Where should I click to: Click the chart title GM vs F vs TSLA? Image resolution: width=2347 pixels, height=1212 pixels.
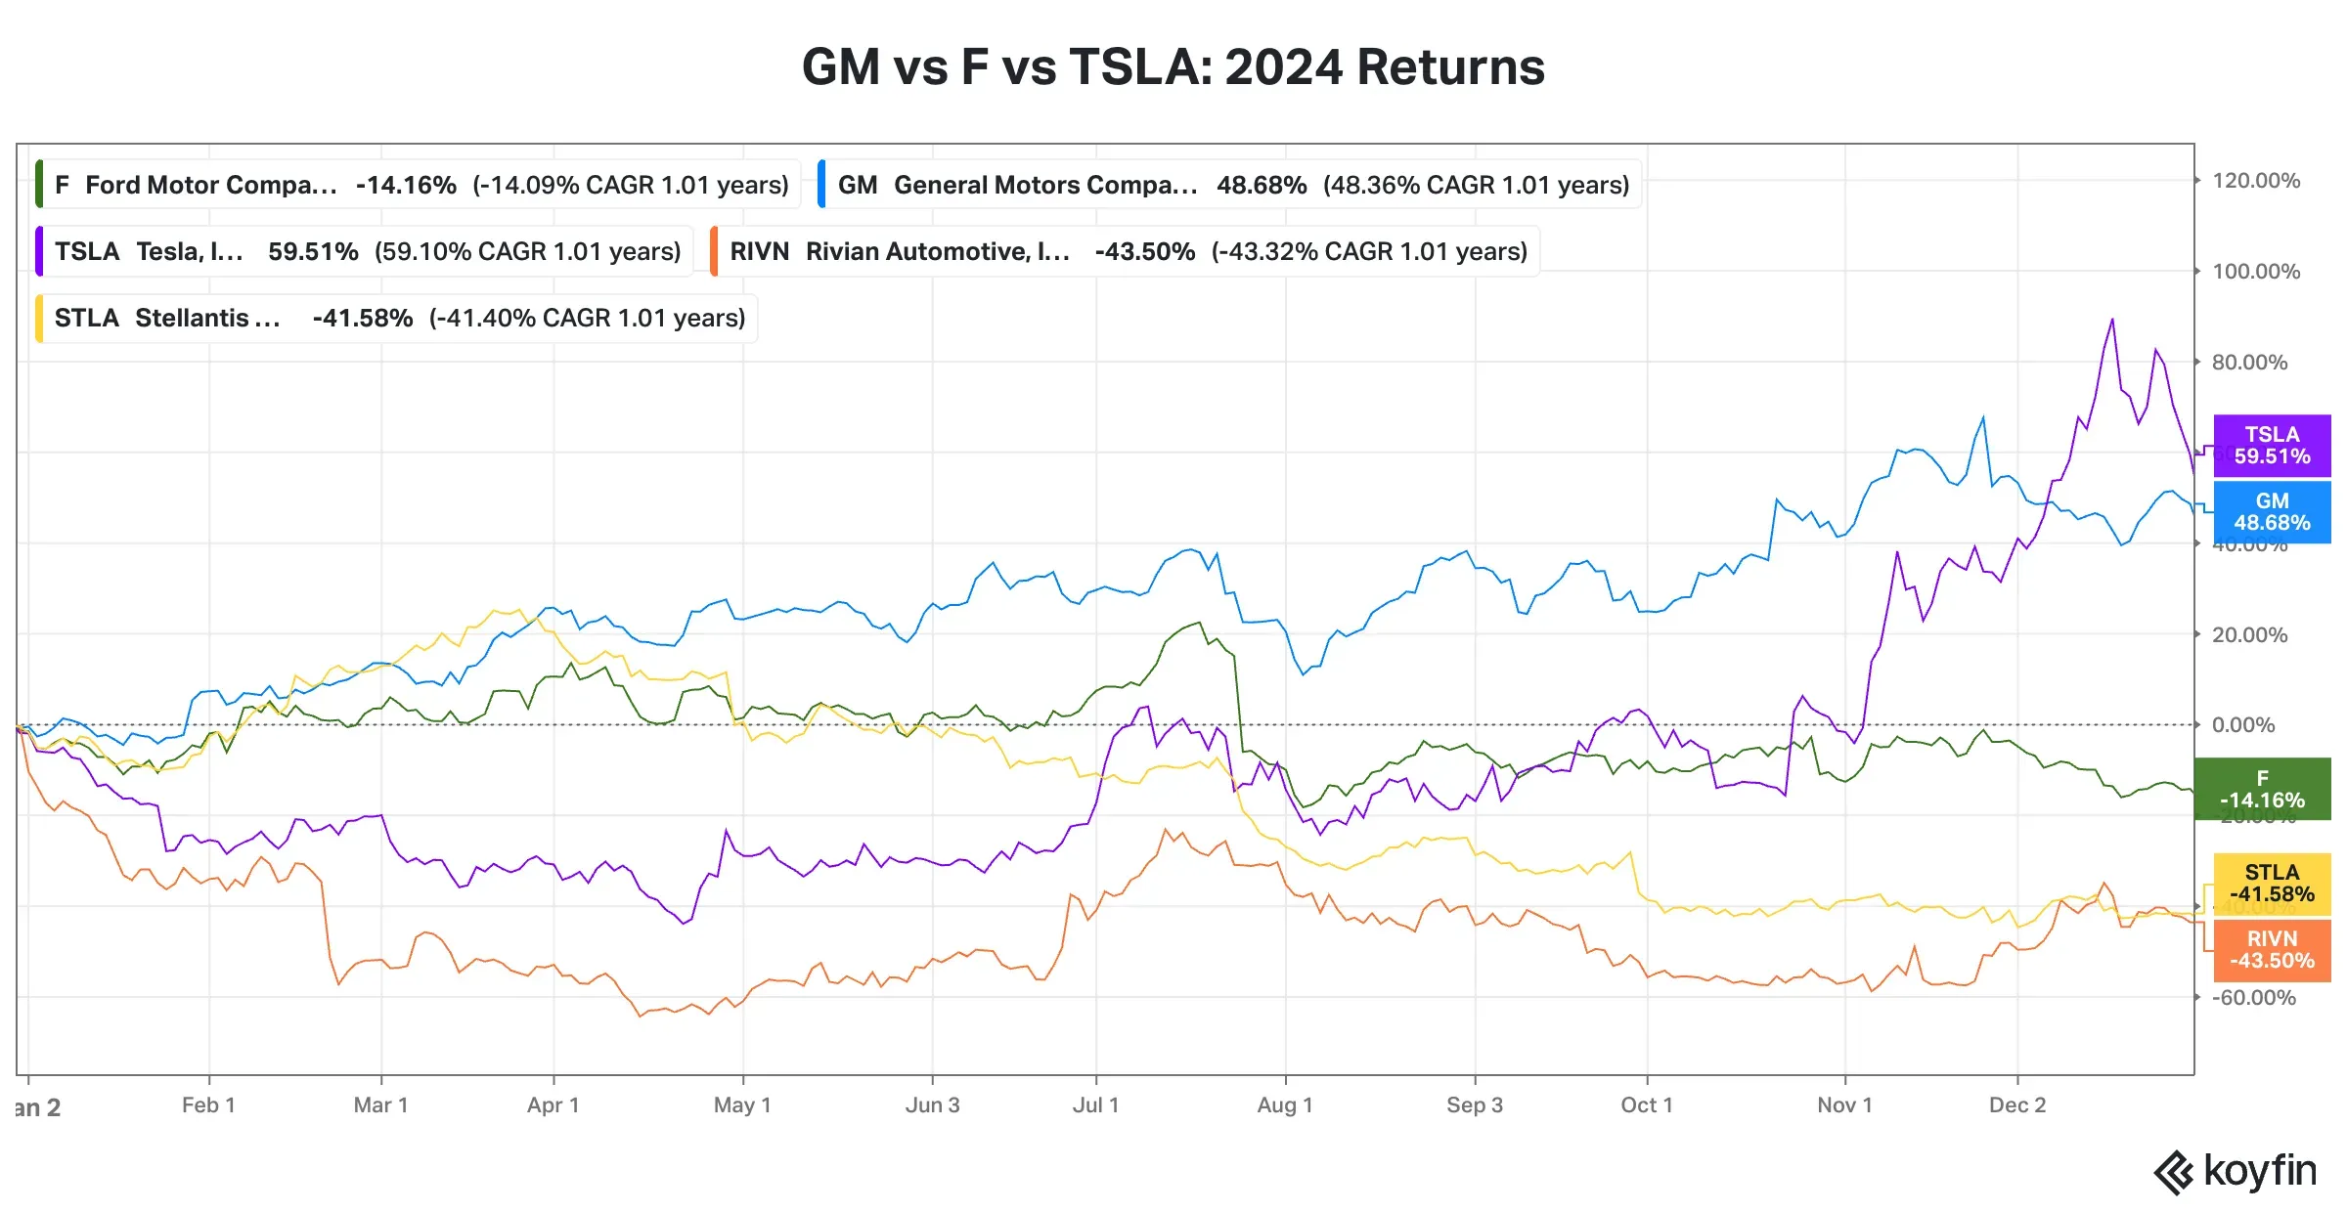[1173, 67]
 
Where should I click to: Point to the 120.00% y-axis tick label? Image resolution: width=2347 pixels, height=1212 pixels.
[2255, 181]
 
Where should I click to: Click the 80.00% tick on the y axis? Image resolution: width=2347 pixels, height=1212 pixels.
[2249, 363]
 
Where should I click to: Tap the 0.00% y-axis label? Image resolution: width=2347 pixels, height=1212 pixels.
[2242, 725]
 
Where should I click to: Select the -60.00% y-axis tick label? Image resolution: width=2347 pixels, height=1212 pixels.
[2252, 998]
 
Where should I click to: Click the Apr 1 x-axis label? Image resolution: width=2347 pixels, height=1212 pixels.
[554, 1105]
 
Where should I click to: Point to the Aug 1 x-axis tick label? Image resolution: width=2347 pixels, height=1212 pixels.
[1284, 1105]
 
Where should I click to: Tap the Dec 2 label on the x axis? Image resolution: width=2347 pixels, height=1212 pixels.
[2016, 1105]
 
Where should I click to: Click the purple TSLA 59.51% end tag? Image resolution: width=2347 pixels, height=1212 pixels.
[2271, 446]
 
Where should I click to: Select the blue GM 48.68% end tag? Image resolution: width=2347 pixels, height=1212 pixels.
[2271, 512]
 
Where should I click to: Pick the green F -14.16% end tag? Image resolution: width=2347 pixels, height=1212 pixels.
[2261, 789]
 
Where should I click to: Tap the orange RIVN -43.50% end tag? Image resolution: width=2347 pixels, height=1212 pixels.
[2271, 950]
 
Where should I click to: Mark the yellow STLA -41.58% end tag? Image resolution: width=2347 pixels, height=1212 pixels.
[2271, 884]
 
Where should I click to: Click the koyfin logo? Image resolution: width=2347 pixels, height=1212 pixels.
[2235, 1172]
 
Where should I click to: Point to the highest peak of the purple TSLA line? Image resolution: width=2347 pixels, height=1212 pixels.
[2112, 320]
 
